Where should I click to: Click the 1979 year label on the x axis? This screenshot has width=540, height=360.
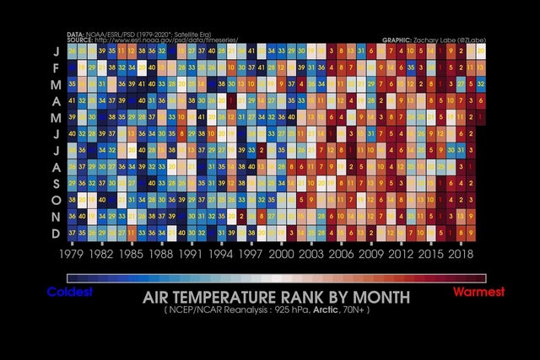click(72, 253)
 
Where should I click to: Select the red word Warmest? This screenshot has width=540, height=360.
click(478, 292)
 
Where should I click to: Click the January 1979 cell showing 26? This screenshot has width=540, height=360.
click(72, 52)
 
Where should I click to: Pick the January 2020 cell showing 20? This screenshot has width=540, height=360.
click(480, 52)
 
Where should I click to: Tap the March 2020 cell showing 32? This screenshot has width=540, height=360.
click(480, 84)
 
